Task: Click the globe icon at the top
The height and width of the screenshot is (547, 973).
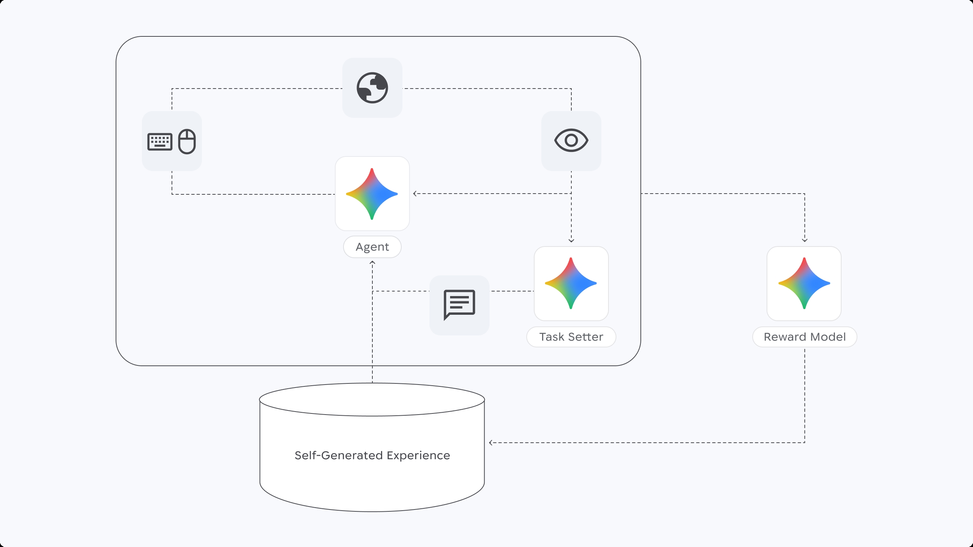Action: coord(372,87)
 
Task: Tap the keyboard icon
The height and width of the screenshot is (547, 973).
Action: coord(160,142)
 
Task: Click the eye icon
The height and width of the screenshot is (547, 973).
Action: coord(571,140)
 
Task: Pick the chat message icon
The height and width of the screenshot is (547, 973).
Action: coord(459,304)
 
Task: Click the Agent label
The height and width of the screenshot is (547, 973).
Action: coord(372,247)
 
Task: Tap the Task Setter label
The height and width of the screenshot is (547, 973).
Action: coord(571,337)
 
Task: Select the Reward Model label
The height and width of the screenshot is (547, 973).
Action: coord(804,337)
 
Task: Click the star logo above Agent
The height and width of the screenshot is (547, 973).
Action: coord(372,194)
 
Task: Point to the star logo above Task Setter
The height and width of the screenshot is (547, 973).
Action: coord(571,283)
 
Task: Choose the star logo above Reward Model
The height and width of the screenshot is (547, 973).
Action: coord(804,283)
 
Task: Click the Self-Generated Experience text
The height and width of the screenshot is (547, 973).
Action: coord(372,455)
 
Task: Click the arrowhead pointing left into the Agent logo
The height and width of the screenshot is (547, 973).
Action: coord(415,194)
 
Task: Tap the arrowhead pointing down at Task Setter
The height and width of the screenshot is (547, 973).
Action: coord(571,240)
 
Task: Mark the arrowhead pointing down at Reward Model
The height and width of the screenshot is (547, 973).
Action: coord(804,240)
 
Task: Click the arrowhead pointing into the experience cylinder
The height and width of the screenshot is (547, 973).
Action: coord(491,442)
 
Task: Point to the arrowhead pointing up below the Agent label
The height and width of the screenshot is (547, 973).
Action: coord(372,262)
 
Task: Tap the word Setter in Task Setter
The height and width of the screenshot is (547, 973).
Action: coord(585,337)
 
